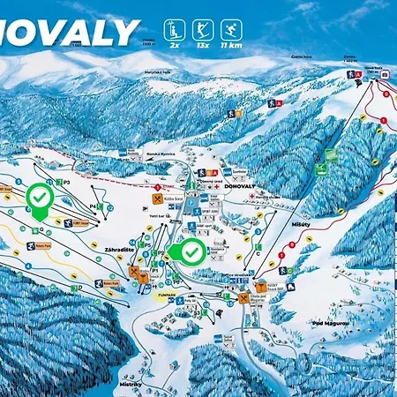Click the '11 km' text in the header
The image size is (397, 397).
pyautogui.click(x=233, y=44)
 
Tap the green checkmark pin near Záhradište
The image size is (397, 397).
pyautogui.click(x=190, y=252)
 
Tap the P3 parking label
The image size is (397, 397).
pyautogui.click(x=66, y=182)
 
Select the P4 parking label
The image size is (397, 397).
pyautogui.click(x=94, y=206)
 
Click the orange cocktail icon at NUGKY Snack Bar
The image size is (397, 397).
pyautogui.click(x=244, y=297)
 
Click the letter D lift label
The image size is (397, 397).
pyautogui.click(x=80, y=287)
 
